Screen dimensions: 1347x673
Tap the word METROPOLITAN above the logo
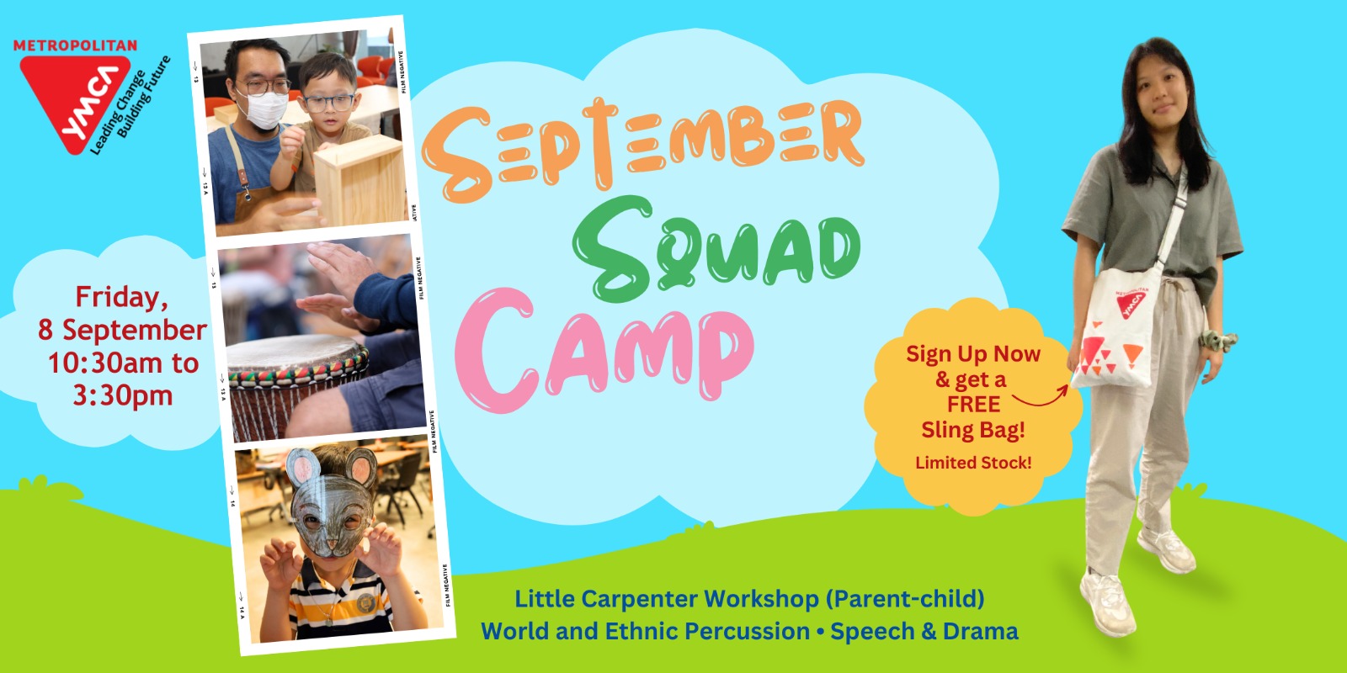tap(75, 45)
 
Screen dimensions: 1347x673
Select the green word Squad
tap(716, 248)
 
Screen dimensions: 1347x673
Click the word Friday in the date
tap(121, 298)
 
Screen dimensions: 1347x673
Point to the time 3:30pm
tap(123, 395)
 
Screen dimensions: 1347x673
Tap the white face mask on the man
tap(263, 109)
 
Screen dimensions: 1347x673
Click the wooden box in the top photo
tap(359, 179)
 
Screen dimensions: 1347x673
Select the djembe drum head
tap(295, 354)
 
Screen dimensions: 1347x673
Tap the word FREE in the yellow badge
tap(973, 405)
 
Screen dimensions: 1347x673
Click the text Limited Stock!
tap(973, 463)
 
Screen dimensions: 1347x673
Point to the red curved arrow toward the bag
tap(1041, 396)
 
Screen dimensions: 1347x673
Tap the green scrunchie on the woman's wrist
tap(1217, 341)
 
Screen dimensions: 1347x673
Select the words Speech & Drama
tap(924, 632)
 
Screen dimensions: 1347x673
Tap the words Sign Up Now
tap(973, 354)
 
